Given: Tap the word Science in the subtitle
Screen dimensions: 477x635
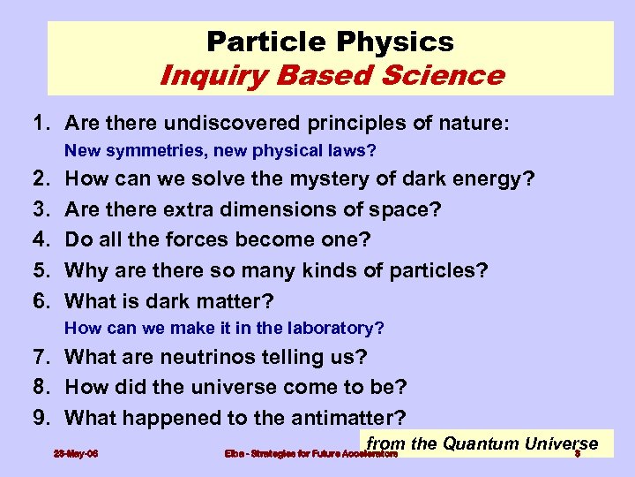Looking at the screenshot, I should [x=449, y=75].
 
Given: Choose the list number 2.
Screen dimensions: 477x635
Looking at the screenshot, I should [x=40, y=180].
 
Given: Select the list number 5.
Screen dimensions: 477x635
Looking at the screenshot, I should [x=40, y=269].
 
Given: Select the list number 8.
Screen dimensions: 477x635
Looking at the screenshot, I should [x=40, y=387].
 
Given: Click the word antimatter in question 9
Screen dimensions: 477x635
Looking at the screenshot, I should [x=353, y=417].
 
